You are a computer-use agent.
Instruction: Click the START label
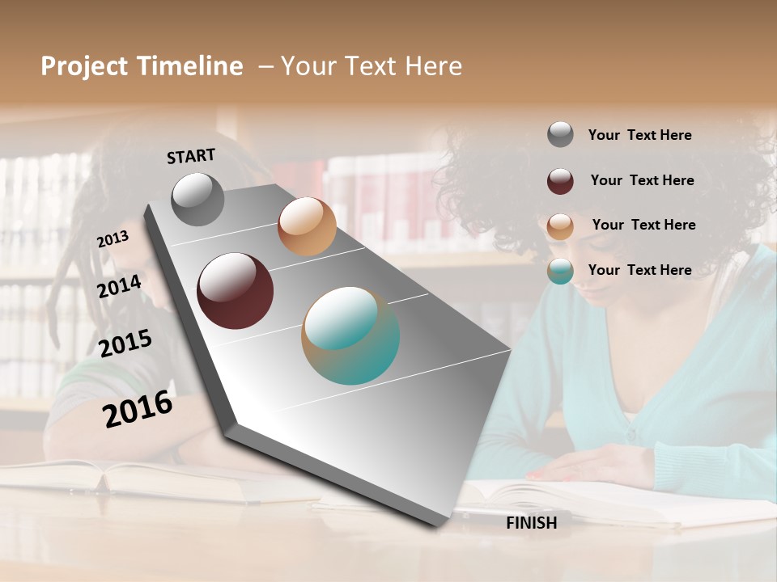pyautogui.click(x=191, y=156)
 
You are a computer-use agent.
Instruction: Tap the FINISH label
pyautogui.click(x=532, y=523)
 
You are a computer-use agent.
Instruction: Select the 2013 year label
pyautogui.click(x=113, y=239)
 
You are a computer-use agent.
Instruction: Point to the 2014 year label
pyautogui.click(x=119, y=286)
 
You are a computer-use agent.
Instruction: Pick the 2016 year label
pyautogui.click(x=138, y=409)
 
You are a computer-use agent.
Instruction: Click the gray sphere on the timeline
pyautogui.click(x=198, y=199)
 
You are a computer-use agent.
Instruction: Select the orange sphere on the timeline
pyautogui.click(x=307, y=226)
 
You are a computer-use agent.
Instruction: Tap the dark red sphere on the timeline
pyautogui.click(x=236, y=290)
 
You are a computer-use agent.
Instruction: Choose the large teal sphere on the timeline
pyautogui.click(x=350, y=335)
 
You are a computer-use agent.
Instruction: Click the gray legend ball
pyautogui.click(x=560, y=135)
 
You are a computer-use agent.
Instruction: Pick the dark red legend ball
pyautogui.click(x=560, y=180)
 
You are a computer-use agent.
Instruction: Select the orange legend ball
pyautogui.click(x=560, y=226)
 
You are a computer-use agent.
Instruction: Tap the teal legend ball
pyautogui.click(x=560, y=271)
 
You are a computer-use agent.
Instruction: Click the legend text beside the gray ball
pyautogui.click(x=640, y=135)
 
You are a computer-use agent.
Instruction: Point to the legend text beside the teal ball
pyautogui.click(x=640, y=270)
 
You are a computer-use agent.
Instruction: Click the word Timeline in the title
pyautogui.click(x=190, y=66)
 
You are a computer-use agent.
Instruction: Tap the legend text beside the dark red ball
pyautogui.click(x=643, y=180)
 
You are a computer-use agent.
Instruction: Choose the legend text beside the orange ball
pyautogui.click(x=644, y=225)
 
